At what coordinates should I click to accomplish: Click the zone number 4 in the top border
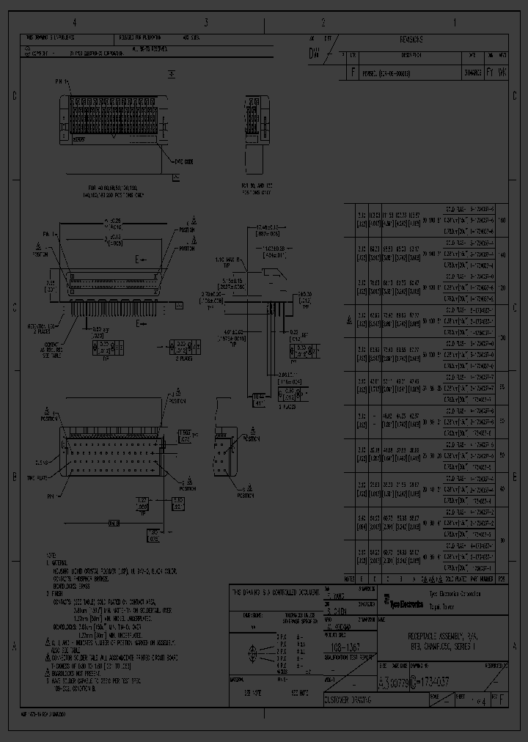coord(74,23)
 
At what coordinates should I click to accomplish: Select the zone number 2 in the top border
coord(323,23)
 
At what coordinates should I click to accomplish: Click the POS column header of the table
coord(502,578)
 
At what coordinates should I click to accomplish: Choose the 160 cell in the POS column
coord(502,220)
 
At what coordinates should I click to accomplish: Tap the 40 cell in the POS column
coord(502,489)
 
